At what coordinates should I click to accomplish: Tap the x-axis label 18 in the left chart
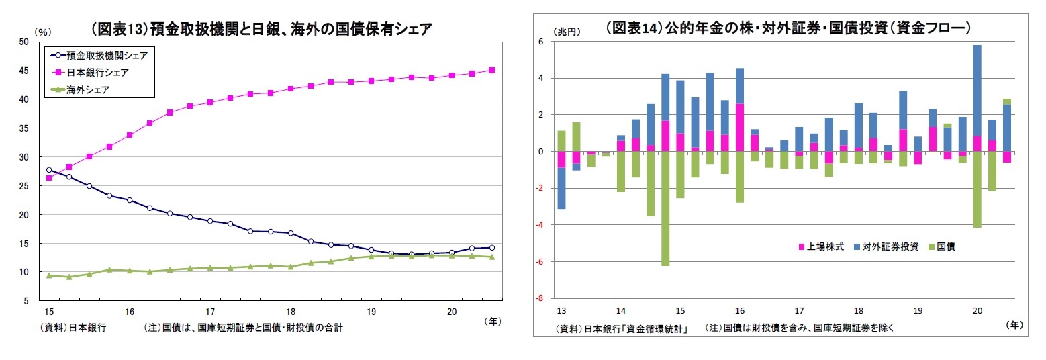pos(291,312)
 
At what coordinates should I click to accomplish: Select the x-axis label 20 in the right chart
pos(977,311)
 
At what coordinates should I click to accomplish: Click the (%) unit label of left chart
pos(42,32)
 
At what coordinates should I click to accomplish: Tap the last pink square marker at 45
pos(492,70)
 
